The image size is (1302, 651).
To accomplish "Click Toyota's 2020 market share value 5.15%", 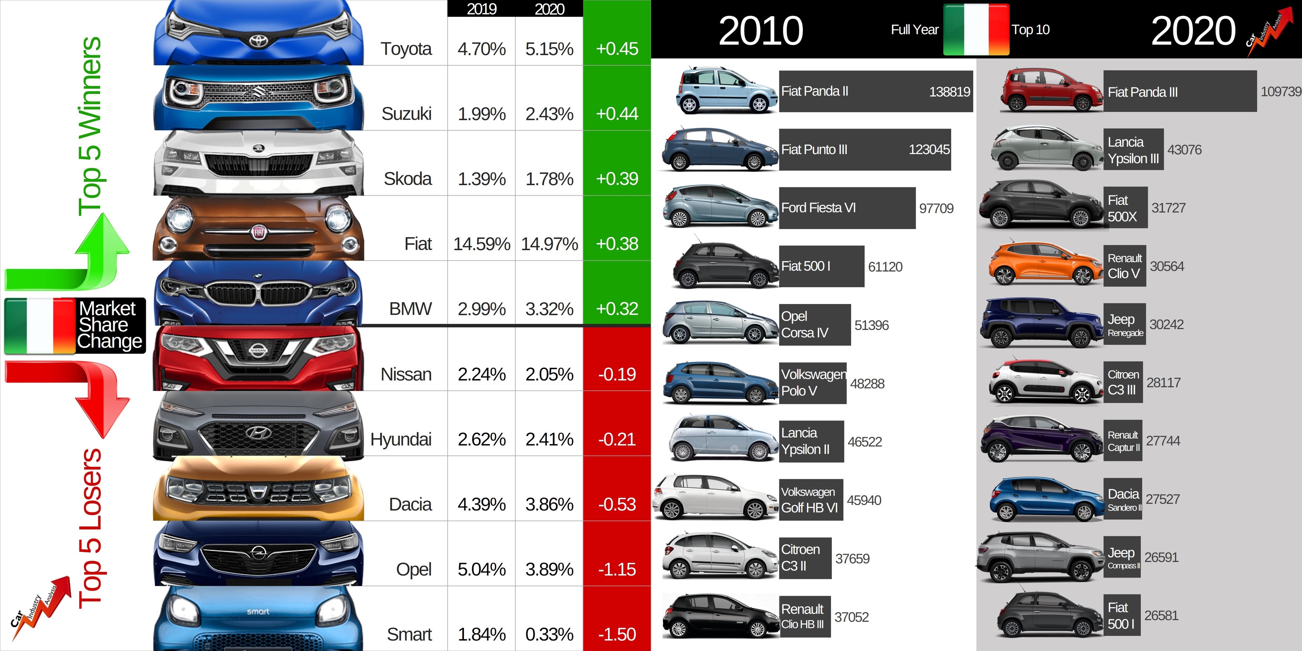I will tap(549, 49).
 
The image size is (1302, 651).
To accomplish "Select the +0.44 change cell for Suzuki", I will tap(616, 114).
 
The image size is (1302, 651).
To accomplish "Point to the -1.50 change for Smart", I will tap(616, 634).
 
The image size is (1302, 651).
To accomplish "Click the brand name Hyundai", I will tap(401, 439).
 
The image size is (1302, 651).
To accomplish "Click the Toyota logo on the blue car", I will tap(258, 40).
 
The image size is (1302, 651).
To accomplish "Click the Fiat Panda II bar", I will tap(876, 91).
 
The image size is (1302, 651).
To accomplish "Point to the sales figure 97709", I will tap(936, 208).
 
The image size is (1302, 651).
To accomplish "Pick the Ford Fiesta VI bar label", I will tap(819, 208).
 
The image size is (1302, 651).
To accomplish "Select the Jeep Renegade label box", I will tap(1125, 324).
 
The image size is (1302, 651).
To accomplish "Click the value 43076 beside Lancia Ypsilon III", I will tap(1184, 150).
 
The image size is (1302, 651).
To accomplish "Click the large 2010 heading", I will tap(761, 30).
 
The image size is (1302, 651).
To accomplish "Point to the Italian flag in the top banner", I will tap(975, 29).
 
